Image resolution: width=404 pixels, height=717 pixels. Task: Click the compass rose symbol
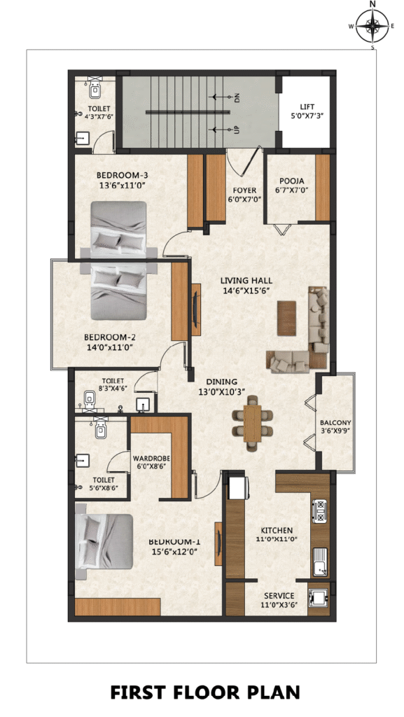click(x=372, y=26)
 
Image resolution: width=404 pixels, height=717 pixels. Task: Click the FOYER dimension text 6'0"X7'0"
click(x=244, y=199)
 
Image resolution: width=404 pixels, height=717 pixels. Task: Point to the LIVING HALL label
click(x=246, y=280)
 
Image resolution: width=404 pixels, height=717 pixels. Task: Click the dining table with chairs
click(x=252, y=423)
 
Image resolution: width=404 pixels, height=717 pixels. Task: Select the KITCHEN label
click(x=277, y=531)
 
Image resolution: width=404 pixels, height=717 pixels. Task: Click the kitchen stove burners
click(x=320, y=510)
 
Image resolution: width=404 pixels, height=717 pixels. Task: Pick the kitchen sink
click(x=320, y=562)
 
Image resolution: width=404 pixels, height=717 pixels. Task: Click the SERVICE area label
click(x=279, y=595)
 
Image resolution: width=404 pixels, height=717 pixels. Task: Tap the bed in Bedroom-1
click(x=104, y=541)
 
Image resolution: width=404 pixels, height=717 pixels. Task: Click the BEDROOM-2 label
click(x=110, y=337)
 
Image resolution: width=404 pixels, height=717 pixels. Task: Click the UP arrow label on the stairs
click(x=236, y=130)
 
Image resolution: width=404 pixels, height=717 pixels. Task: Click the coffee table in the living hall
click(x=286, y=318)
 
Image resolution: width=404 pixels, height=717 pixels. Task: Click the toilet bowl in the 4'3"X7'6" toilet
click(x=95, y=89)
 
